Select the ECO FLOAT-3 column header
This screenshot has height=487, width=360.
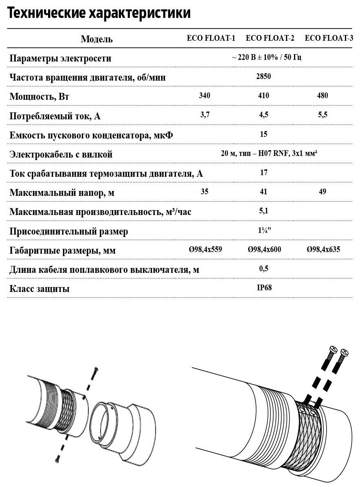329,39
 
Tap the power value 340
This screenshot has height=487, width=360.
205,96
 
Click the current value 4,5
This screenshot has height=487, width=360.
263,114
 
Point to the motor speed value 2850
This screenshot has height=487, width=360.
263,76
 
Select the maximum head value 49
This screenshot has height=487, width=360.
322,191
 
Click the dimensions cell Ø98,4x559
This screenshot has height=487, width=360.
205,250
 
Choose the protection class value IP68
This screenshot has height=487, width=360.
264,287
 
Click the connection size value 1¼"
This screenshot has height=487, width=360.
264,230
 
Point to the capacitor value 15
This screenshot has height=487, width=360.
263,134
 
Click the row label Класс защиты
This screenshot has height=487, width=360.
39,289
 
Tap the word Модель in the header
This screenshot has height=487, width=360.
97,39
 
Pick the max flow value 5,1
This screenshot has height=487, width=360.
263,211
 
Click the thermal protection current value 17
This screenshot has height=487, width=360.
263,172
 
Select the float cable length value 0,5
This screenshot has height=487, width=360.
263,268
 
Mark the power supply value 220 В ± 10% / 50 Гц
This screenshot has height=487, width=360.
266,57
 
